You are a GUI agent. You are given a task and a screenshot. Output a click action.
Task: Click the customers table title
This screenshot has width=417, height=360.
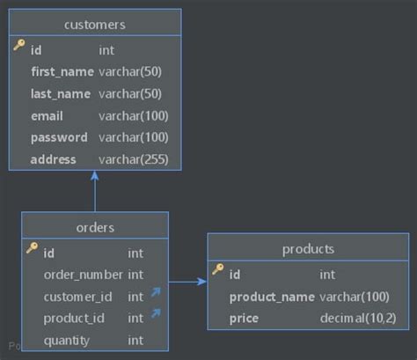point(95,24)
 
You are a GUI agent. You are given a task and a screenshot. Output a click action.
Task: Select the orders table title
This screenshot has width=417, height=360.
point(95,227)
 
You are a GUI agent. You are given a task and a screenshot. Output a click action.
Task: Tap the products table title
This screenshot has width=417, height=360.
point(308,249)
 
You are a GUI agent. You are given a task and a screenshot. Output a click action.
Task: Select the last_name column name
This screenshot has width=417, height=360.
point(59,93)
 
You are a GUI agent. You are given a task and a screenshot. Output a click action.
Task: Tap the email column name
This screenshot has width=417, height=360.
point(47,115)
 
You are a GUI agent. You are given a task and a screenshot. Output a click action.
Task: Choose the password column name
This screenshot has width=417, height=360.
point(59,137)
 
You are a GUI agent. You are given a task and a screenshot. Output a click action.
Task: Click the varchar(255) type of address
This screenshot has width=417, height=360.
point(133,159)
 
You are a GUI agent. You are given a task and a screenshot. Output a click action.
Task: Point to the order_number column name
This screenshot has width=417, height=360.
point(83,275)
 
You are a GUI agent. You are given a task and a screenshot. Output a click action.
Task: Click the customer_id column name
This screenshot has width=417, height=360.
point(78,297)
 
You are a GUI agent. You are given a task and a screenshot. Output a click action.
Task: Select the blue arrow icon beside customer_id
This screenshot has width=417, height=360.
point(157,292)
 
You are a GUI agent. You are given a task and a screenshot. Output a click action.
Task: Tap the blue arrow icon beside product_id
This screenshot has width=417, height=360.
point(157,313)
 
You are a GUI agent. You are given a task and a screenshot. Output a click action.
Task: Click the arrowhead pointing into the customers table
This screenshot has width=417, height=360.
point(95,176)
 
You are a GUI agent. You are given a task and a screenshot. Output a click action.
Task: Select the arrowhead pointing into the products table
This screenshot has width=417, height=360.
point(202,282)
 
